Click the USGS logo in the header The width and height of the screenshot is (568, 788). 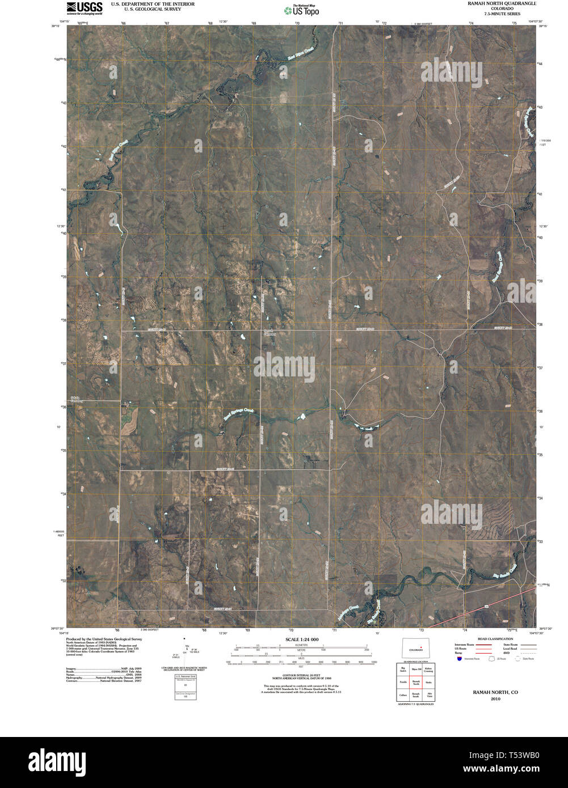[85, 7]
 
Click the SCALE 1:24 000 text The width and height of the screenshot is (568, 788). [298, 639]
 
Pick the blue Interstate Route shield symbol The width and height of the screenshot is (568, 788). [459, 659]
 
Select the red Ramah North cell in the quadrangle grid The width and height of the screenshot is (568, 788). [416, 683]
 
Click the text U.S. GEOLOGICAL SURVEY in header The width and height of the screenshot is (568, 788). [144, 10]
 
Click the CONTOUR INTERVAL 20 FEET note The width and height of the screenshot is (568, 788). [298, 674]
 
